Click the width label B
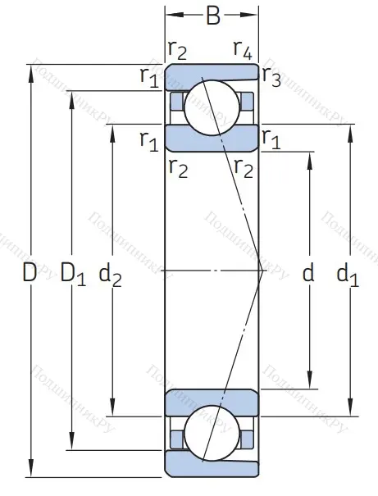[212, 15]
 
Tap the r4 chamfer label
[242, 51]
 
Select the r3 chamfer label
[272, 77]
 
